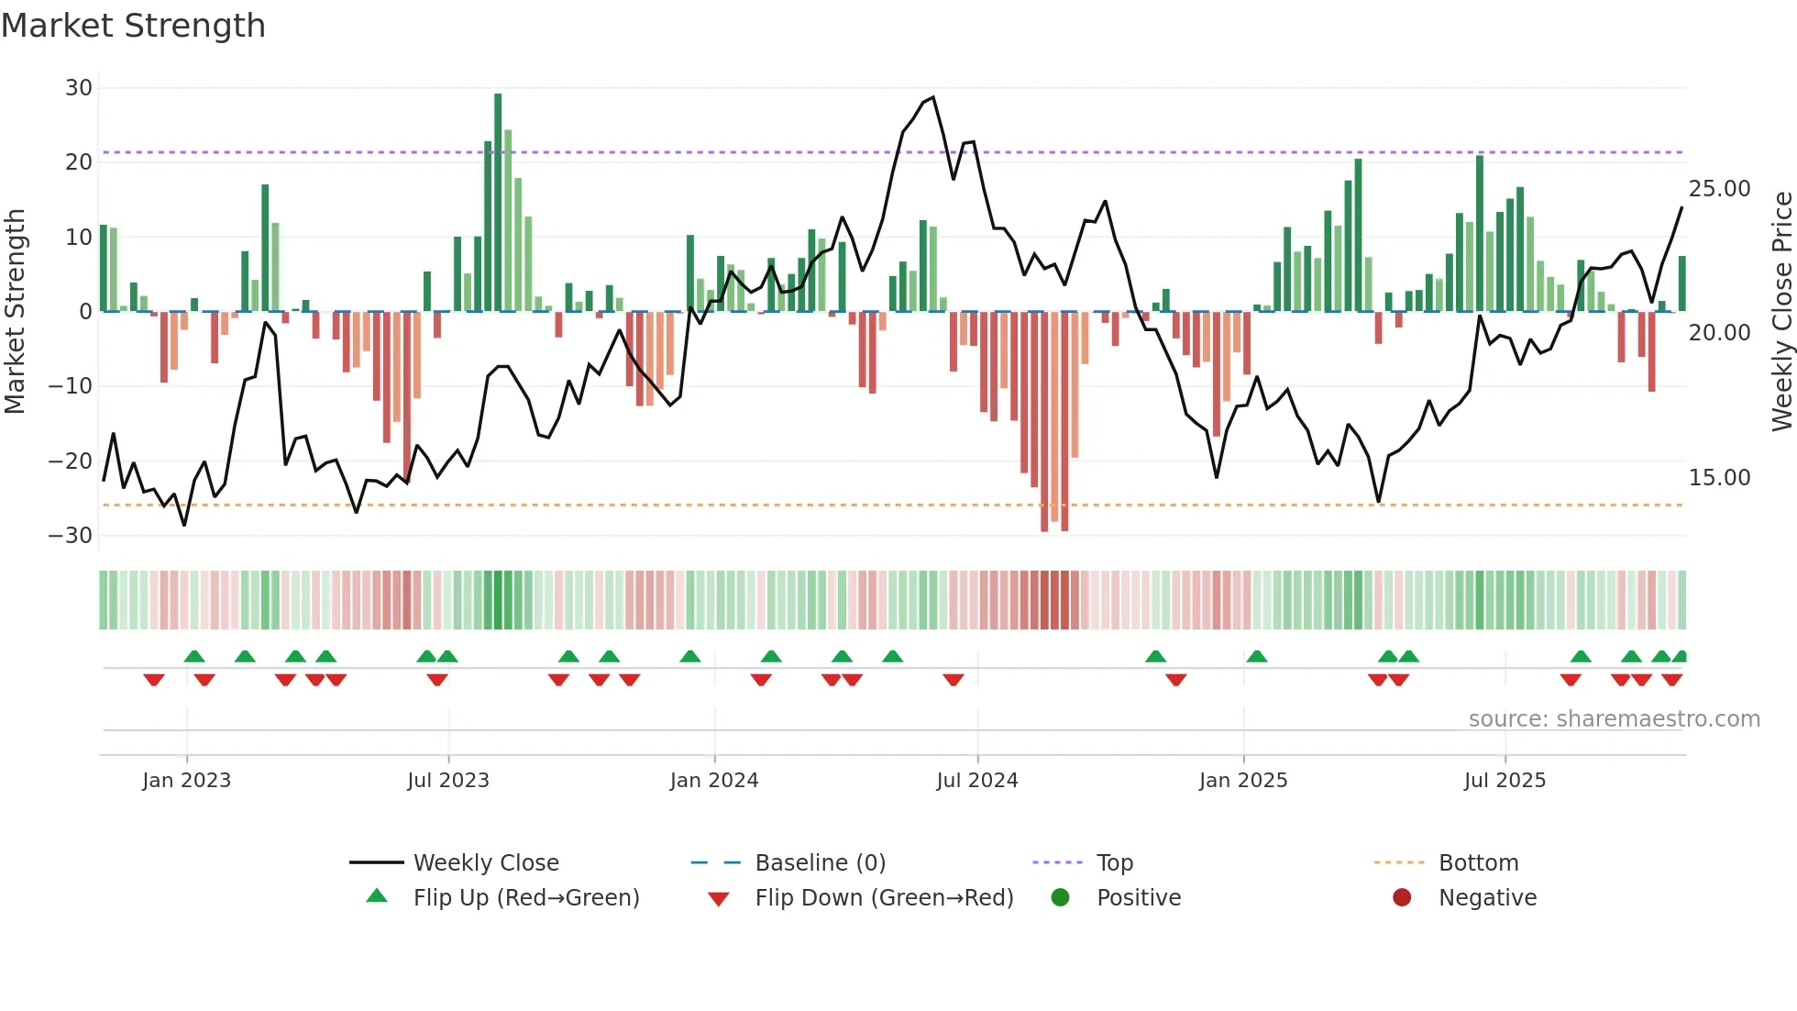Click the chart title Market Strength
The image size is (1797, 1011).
click(133, 26)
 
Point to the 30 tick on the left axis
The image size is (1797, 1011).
click(79, 88)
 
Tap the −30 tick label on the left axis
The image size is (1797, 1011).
click(71, 536)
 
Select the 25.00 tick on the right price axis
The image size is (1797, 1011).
click(1719, 189)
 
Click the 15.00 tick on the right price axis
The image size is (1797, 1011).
click(1719, 478)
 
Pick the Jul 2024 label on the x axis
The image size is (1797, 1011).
click(976, 781)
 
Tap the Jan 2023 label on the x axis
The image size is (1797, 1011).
click(186, 781)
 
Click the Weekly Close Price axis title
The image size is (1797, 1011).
click(1781, 312)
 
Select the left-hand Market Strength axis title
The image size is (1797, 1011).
click(15, 312)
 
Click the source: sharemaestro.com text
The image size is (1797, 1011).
click(1614, 719)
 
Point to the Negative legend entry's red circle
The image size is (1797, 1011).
click(1402, 898)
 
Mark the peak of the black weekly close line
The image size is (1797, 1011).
click(933, 97)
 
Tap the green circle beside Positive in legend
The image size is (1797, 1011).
click(1061, 898)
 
